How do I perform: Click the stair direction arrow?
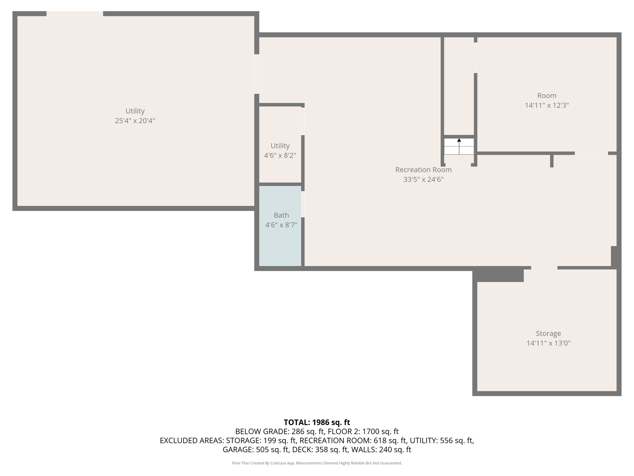click(x=459, y=146)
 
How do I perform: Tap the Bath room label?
click(x=281, y=215)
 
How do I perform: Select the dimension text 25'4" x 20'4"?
click(x=135, y=121)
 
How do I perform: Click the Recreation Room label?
click(x=423, y=170)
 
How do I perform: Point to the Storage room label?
click(x=548, y=333)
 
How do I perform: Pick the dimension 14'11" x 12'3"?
click(x=547, y=105)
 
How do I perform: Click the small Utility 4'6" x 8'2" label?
click(x=280, y=151)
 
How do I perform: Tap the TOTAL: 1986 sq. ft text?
click(x=317, y=422)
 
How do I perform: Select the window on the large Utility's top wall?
click(x=75, y=14)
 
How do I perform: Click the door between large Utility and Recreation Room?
click(x=257, y=74)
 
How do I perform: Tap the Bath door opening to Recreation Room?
click(x=303, y=204)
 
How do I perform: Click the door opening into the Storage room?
click(x=544, y=268)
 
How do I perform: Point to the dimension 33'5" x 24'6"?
click(x=423, y=179)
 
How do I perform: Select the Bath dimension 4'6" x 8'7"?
click(x=281, y=225)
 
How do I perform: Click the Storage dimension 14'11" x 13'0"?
click(x=548, y=343)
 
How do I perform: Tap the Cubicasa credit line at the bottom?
click(x=317, y=463)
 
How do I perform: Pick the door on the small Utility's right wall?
click(x=303, y=121)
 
